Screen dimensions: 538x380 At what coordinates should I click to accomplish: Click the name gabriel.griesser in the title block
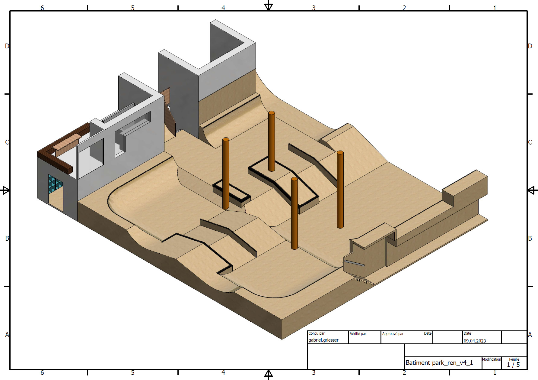(x=323, y=340)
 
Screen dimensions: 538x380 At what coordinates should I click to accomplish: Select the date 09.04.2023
(x=475, y=341)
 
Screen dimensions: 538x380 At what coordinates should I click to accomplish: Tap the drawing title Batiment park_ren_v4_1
(x=439, y=363)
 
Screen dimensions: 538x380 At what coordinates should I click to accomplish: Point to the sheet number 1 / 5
(x=513, y=365)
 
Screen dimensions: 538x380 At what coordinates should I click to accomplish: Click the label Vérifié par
(x=358, y=334)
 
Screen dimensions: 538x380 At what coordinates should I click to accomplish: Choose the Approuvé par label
(x=393, y=334)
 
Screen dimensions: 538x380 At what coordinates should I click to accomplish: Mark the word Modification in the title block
(x=492, y=359)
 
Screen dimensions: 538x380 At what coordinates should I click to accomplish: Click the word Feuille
(x=514, y=359)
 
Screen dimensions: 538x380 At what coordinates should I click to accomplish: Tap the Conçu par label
(x=317, y=333)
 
